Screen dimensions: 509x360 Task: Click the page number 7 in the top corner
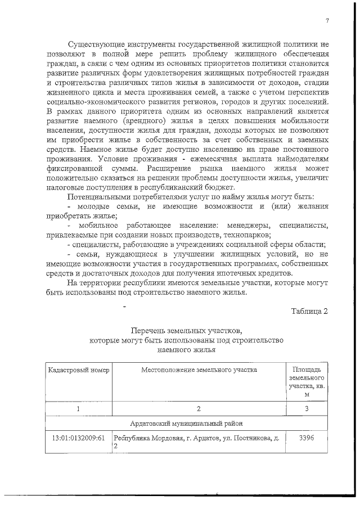(x=326, y=21)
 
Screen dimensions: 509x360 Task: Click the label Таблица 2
(x=309, y=311)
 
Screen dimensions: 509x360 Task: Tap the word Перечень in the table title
(x=147, y=330)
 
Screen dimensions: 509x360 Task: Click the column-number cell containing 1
(x=78, y=409)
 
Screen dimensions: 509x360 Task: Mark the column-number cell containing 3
(x=307, y=409)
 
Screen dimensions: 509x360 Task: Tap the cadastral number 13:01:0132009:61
(x=78, y=438)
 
